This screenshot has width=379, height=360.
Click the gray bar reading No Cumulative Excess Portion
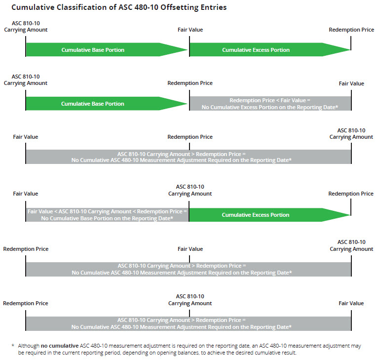[270, 104]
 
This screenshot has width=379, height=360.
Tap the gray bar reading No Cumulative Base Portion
[107, 215]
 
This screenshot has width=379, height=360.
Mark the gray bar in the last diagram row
[188, 323]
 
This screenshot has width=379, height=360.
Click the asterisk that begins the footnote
[13, 346]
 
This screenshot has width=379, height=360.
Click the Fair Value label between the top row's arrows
[190, 30]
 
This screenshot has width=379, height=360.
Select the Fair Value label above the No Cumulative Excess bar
[351, 83]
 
